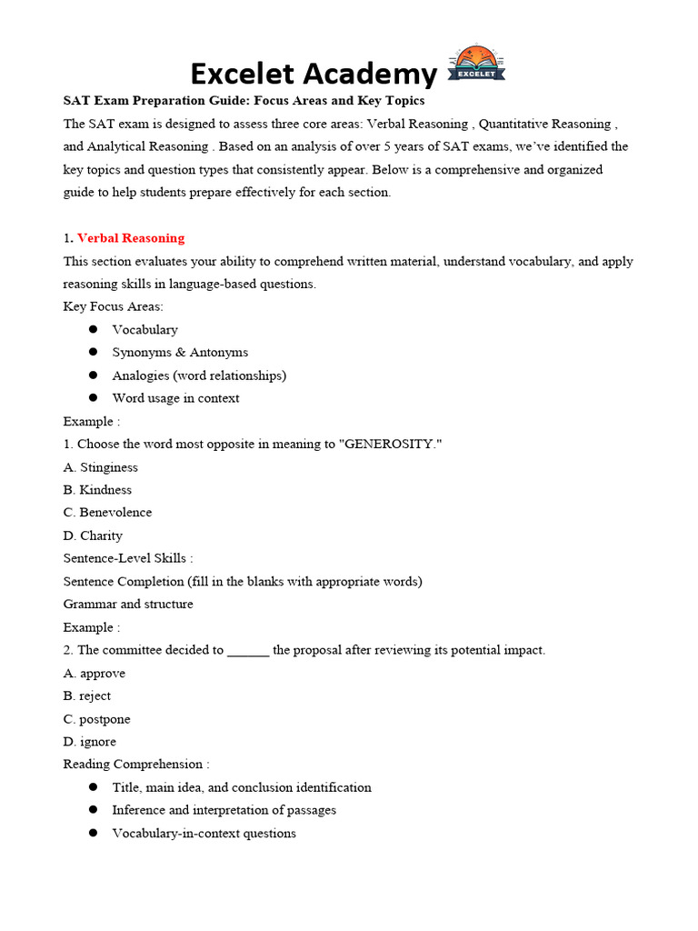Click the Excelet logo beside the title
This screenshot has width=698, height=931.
pos(476,66)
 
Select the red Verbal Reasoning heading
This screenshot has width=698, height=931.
pos(131,238)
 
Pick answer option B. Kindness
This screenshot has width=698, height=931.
pos(97,490)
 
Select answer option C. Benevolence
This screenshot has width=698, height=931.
pos(107,513)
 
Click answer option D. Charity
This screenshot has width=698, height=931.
pos(93,536)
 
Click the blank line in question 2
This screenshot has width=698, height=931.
pos(247,651)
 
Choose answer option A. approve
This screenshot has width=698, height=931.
pos(95,674)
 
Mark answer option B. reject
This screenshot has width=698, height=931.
pos(87,696)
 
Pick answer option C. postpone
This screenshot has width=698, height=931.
pos(96,719)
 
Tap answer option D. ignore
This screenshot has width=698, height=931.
pos(89,742)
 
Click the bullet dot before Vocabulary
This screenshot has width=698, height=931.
pos(93,329)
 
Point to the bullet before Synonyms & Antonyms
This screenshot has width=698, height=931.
pos(93,352)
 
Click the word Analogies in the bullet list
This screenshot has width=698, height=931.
pos(141,375)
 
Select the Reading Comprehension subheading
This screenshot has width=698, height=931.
pos(135,765)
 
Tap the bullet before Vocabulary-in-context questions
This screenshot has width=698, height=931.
pos(93,833)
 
